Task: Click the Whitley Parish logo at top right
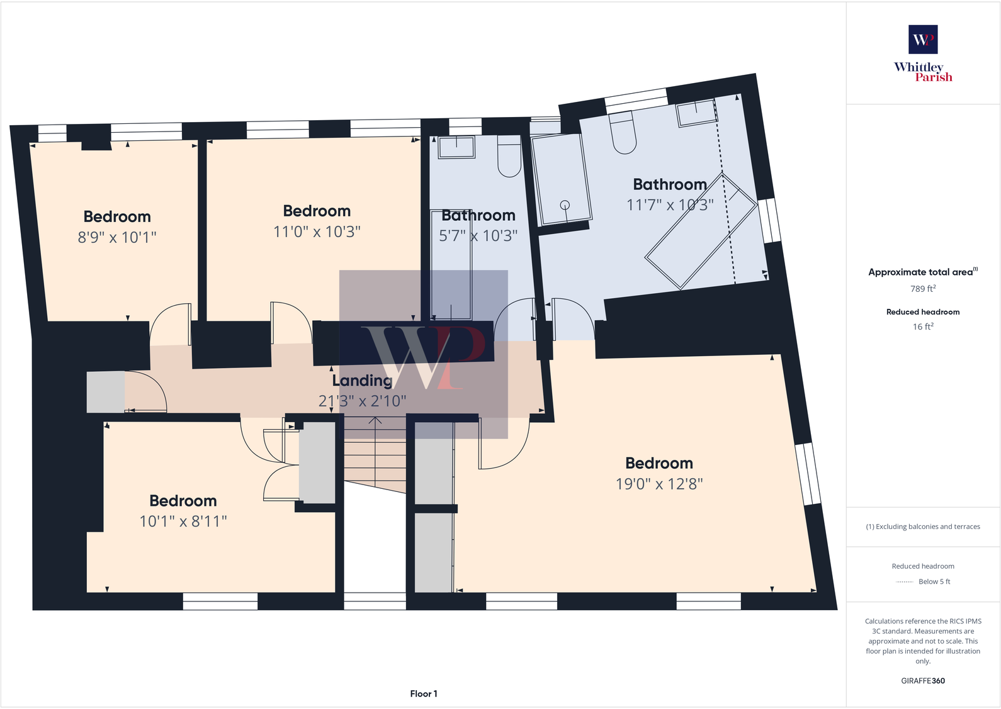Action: [x=923, y=54]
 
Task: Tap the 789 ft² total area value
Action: [x=923, y=289]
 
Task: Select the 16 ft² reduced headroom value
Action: [x=923, y=327]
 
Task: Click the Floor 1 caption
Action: [x=424, y=693]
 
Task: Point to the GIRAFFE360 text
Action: [x=923, y=681]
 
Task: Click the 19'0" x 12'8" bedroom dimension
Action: [x=659, y=484]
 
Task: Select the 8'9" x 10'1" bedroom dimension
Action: [x=117, y=237]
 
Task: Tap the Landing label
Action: [x=362, y=381]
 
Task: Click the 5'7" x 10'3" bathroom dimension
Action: [x=478, y=236]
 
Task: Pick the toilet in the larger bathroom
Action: [x=623, y=133]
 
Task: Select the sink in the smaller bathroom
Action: [x=456, y=147]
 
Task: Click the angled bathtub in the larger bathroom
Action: [x=701, y=231]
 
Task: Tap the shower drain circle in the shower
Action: [x=565, y=204]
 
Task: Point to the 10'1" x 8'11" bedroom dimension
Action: [x=183, y=522]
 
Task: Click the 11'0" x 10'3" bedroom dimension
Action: [x=317, y=232]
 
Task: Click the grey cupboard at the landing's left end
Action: [x=105, y=392]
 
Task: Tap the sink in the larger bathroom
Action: [x=696, y=114]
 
